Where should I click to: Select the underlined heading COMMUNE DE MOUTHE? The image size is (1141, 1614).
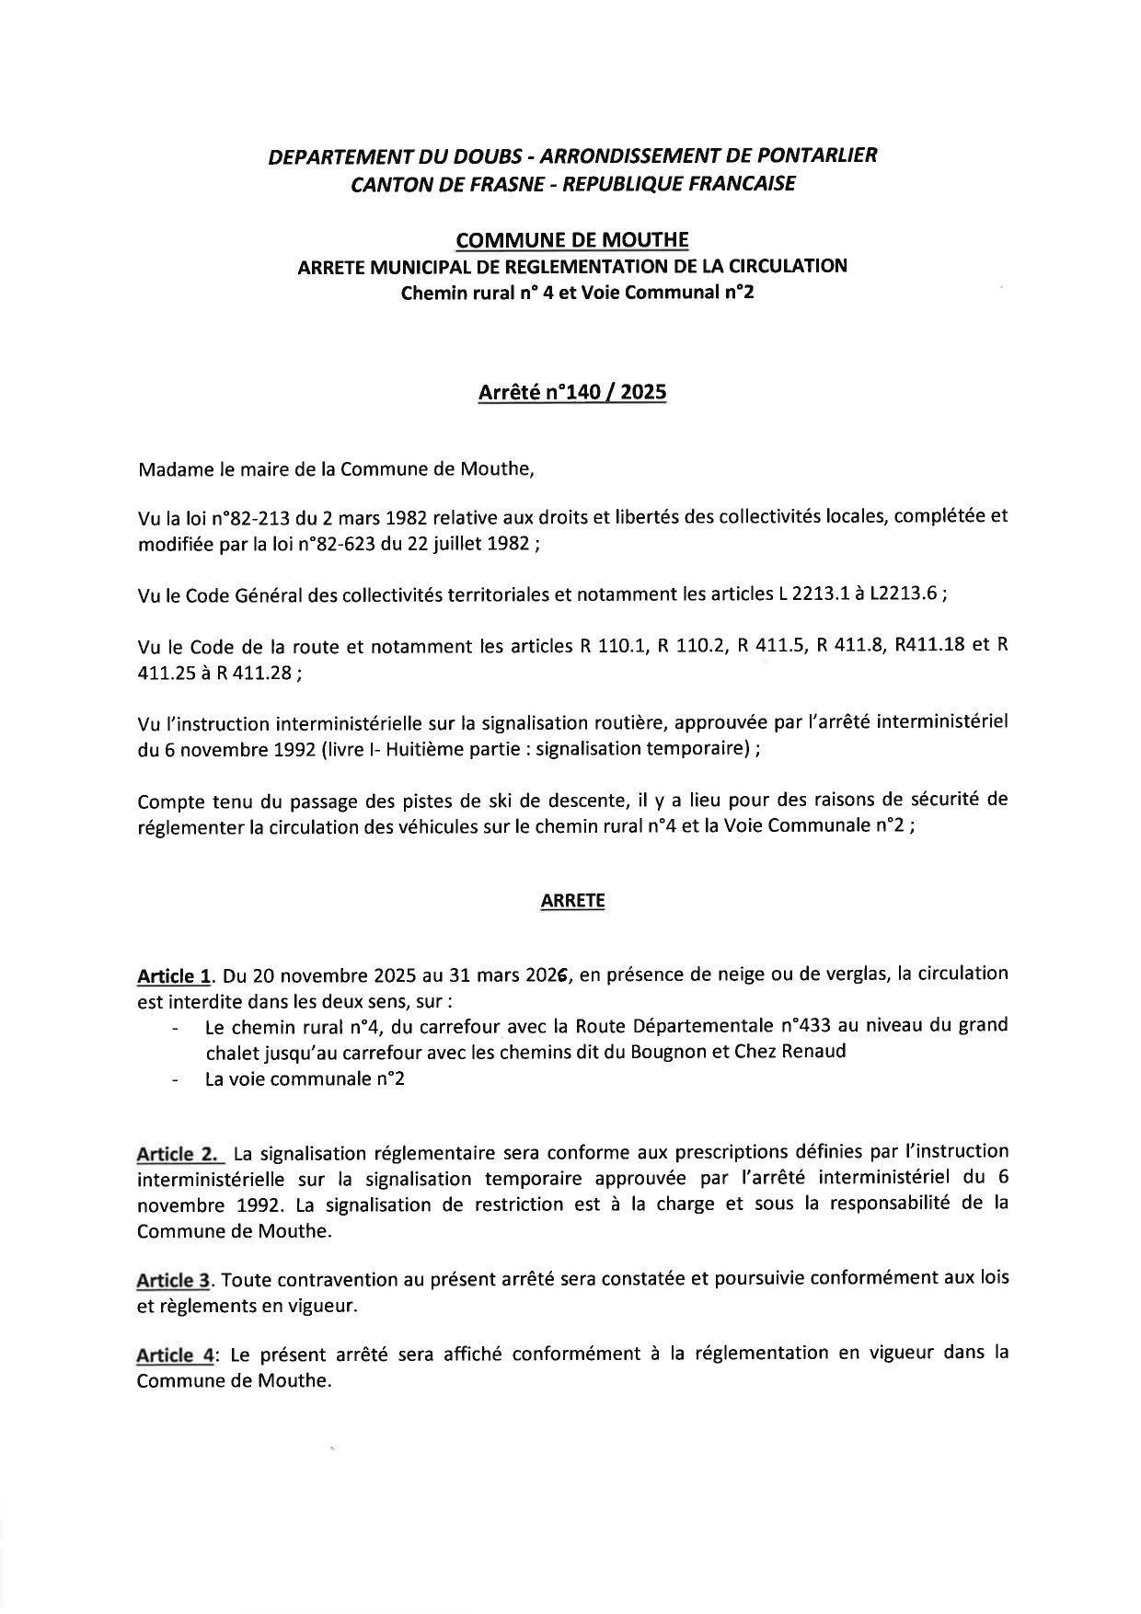571,240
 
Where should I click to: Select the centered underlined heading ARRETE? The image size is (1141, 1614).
572,902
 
